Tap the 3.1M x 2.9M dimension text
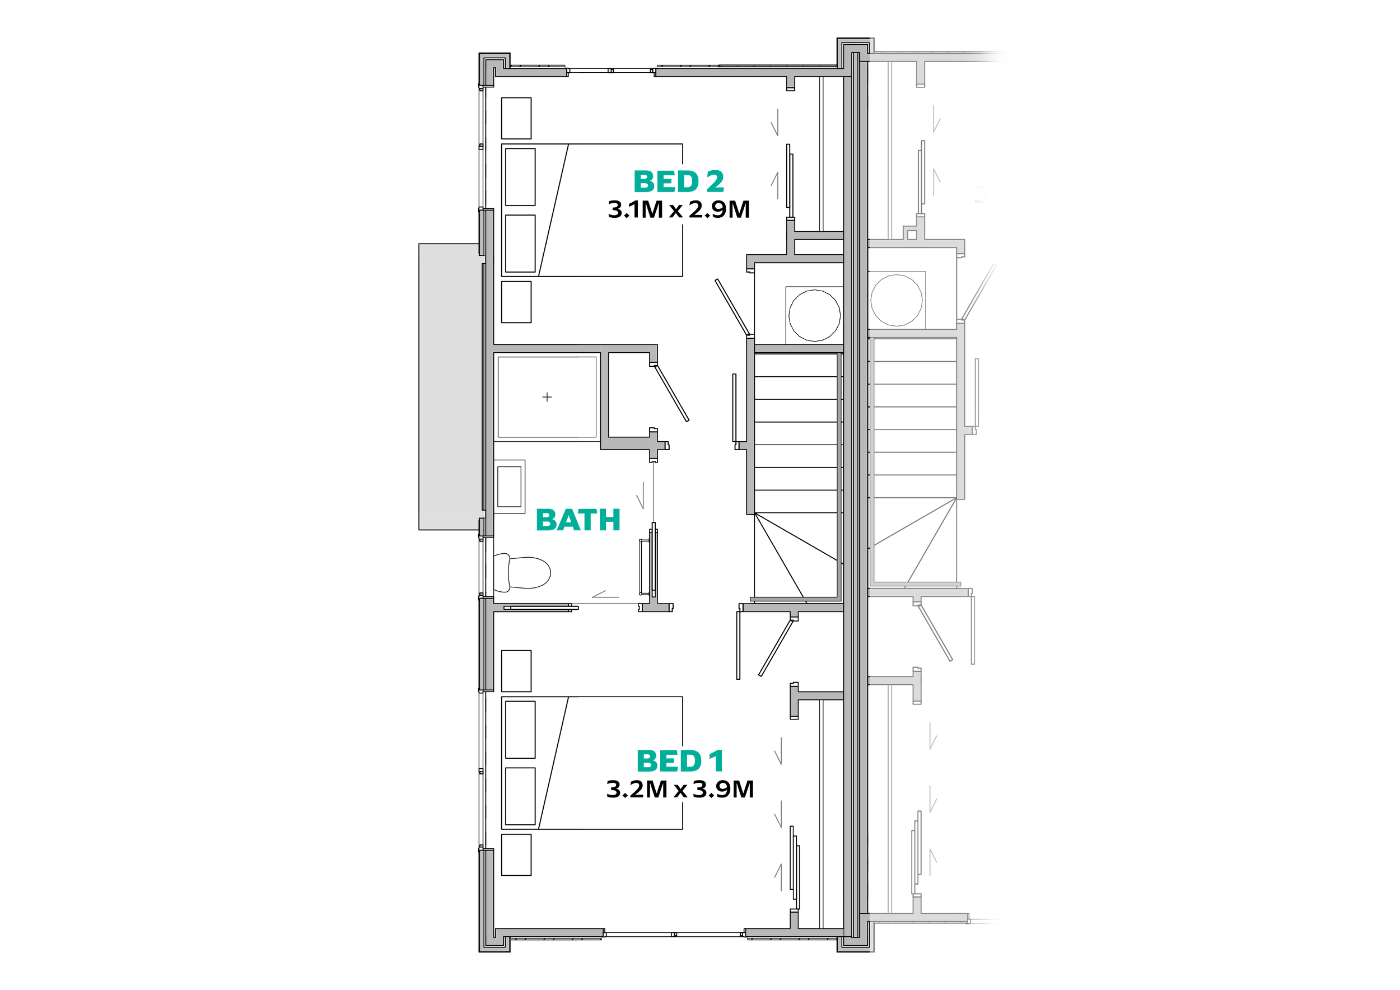coord(679,211)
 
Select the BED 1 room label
coord(680,761)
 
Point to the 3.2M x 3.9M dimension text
coord(680,790)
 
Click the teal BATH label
coord(578,522)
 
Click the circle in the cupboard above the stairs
coord(814,315)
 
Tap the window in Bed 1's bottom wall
coord(674,933)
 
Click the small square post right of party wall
coord(912,235)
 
